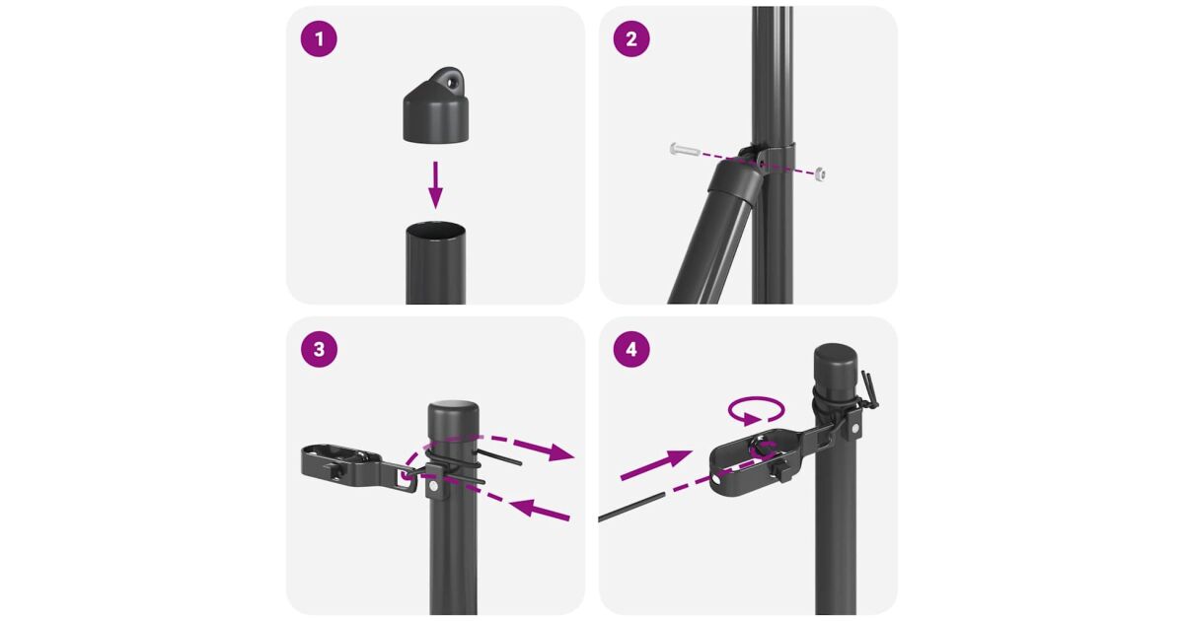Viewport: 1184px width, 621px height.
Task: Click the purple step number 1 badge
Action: (x=319, y=39)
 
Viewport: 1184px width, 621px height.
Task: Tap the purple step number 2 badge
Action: (x=631, y=39)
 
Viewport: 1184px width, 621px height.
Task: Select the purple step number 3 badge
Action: (x=319, y=349)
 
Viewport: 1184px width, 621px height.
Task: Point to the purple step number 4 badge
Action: (x=631, y=349)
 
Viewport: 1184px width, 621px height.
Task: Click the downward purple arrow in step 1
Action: (x=435, y=185)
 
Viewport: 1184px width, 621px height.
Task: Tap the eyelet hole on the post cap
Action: (x=450, y=82)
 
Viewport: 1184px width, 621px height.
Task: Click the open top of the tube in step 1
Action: (x=435, y=232)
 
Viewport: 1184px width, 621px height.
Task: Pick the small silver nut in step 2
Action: (x=820, y=174)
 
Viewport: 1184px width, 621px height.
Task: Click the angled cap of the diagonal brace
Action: (x=736, y=179)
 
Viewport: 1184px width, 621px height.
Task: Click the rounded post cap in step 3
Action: (x=453, y=418)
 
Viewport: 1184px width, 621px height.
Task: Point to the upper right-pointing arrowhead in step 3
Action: (x=559, y=452)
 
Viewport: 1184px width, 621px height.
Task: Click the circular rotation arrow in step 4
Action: (x=757, y=410)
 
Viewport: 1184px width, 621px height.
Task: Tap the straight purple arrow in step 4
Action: (x=656, y=465)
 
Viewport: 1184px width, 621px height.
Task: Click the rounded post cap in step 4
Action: (x=835, y=362)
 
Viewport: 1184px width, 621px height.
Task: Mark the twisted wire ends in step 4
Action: (x=870, y=388)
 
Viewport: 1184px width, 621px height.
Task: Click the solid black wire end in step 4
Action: (x=631, y=507)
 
